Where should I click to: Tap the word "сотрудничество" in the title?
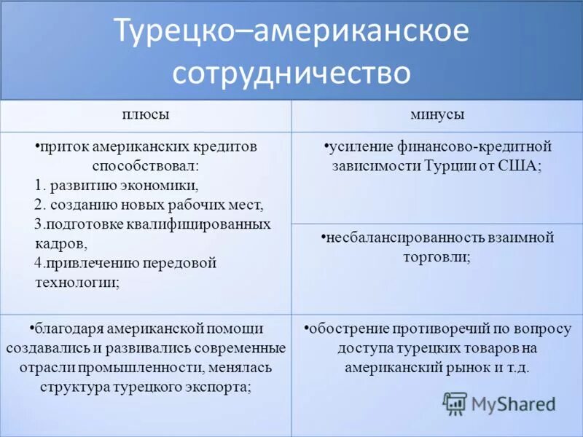click(291, 73)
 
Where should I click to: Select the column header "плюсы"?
click(146, 115)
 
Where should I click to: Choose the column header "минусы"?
click(437, 115)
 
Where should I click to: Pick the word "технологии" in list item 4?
click(77, 283)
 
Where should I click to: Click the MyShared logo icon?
click(455, 403)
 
